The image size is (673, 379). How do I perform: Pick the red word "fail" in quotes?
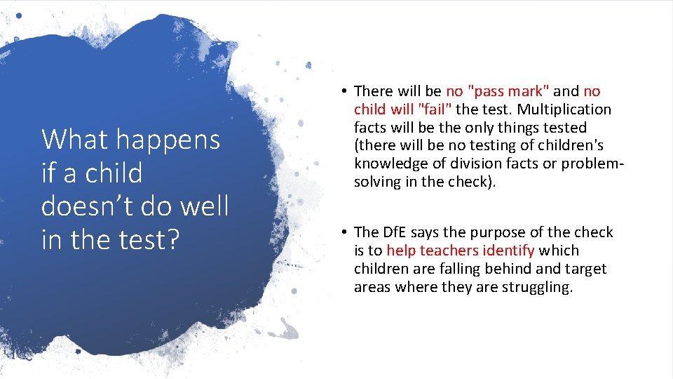tap(435, 109)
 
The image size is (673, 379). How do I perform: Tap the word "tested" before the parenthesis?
tap(562, 128)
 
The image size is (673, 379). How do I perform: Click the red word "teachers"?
tap(449, 251)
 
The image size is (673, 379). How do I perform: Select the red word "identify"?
tap(508, 251)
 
